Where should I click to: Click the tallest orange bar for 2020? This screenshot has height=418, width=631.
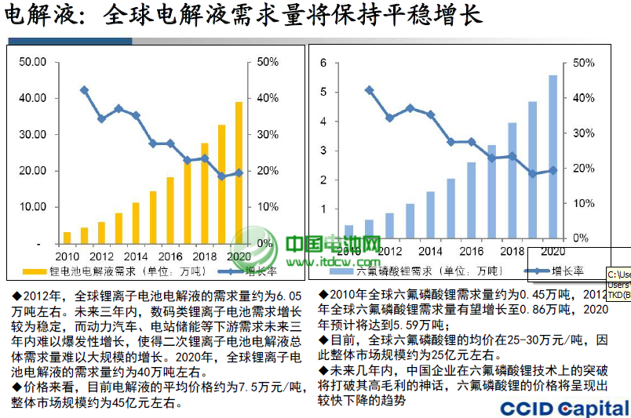(239, 173)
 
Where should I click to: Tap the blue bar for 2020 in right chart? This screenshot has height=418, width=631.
(553, 157)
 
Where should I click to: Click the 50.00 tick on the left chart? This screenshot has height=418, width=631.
(32, 62)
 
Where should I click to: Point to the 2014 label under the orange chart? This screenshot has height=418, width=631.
(135, 256)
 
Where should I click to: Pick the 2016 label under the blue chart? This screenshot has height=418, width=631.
(471, 251)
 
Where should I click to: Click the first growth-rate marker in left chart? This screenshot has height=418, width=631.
(84, 90)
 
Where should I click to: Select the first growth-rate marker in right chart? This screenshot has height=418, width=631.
(369, 90)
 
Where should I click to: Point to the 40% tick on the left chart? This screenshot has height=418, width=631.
(268, 98)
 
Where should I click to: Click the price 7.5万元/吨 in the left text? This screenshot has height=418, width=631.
(262, 387)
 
